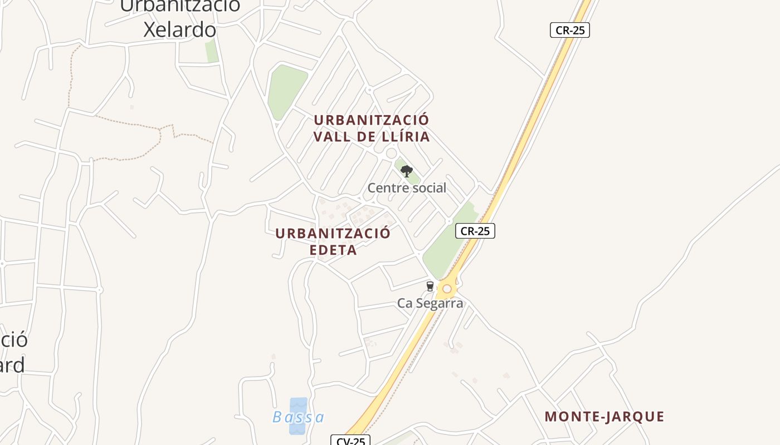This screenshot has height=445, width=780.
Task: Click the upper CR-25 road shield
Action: tap(569, 30)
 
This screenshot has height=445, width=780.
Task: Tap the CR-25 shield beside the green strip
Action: tap(475, 231)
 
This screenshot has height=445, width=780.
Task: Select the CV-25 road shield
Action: tap(350, 441)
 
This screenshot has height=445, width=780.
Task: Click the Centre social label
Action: tap(407, 188)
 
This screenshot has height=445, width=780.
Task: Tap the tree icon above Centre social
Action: tap(407, 171)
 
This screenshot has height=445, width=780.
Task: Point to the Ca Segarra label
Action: tap(430, 303)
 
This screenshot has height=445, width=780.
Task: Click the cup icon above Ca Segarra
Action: tap(430, 286)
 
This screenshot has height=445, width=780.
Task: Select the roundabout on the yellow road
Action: tap(447, 289)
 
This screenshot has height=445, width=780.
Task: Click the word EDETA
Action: tap(333, 250)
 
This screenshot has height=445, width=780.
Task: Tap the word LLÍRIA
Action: tap(402, 137)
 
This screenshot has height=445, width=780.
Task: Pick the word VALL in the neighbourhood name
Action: tap(333, 137)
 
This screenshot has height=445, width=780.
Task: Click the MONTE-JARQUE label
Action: tap(604, 417)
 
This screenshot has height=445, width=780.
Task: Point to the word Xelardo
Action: tap(179, 29)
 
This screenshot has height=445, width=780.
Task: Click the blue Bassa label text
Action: tap(299, 417)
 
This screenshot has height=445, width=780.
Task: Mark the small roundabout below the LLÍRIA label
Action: tap(391, 153)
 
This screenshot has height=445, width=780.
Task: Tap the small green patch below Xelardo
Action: tap(211, 51)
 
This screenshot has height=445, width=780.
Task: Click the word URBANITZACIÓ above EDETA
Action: tap(333, 234)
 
